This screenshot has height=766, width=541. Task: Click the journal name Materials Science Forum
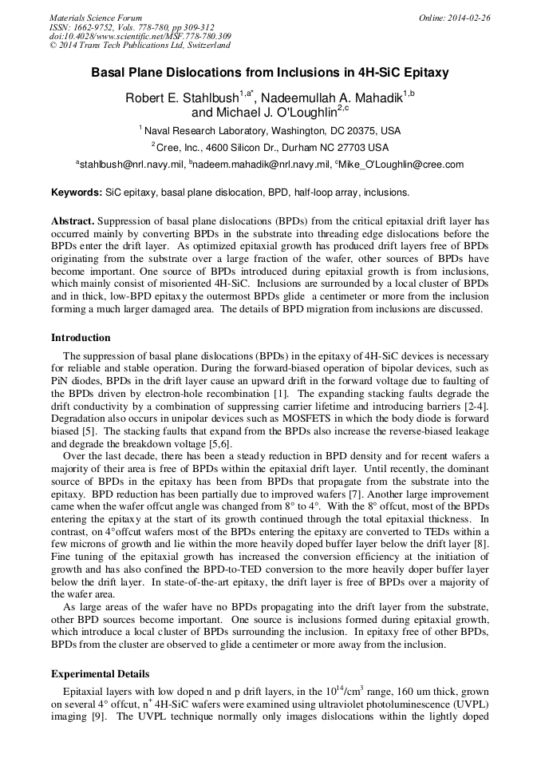pos(96,17)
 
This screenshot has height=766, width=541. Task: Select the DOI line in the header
pos(140,36)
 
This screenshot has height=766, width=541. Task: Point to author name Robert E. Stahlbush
pos(182,98)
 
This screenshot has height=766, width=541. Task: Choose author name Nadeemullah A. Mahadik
pos(332,98)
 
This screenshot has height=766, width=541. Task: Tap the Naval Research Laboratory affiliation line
pos(271,130)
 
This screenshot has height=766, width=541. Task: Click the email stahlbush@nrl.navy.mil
pos(132,165)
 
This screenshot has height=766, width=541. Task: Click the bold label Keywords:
pos(77,192)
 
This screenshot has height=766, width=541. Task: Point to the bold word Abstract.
pos(73,220)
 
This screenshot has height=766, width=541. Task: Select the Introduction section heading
pos(81,338)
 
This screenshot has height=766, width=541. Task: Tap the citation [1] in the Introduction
pos(281,394)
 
